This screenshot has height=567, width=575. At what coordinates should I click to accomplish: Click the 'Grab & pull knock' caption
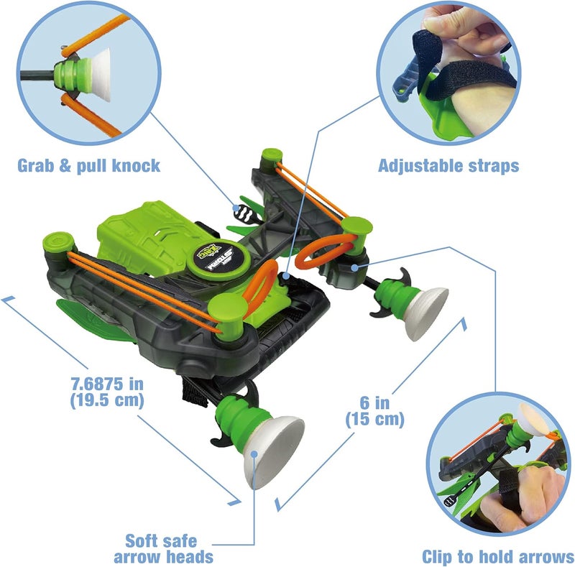88,166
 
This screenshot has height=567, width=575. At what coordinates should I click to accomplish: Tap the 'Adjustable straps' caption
448,166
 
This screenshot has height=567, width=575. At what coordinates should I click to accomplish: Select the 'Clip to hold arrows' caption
497,556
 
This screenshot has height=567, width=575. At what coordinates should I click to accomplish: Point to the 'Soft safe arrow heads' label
169,548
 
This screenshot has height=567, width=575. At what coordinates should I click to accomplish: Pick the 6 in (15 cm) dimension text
374,410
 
